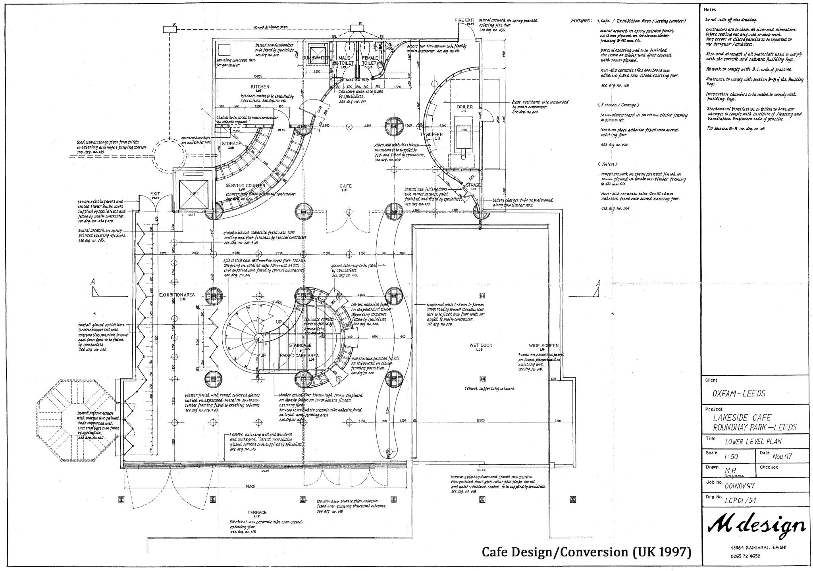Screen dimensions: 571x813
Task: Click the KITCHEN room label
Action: [260, 87]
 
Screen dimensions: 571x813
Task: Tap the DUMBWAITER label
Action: [316, 58]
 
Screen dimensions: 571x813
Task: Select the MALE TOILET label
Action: [346, 60]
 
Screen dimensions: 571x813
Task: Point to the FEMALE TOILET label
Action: [369, 60]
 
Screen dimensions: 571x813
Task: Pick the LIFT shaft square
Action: [194, 193]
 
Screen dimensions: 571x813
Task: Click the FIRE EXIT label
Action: [464, 20]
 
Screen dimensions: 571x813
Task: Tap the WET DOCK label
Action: [481, 345]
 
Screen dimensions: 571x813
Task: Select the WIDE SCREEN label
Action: [543, 346]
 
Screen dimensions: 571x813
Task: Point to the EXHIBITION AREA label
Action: [177, 295]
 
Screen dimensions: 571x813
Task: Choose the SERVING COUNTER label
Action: [245, 185]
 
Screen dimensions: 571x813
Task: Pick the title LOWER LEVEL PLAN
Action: [753, 442]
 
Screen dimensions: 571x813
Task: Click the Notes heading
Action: [710, 9]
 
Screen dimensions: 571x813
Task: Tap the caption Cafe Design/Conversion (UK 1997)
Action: [586, 552]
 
